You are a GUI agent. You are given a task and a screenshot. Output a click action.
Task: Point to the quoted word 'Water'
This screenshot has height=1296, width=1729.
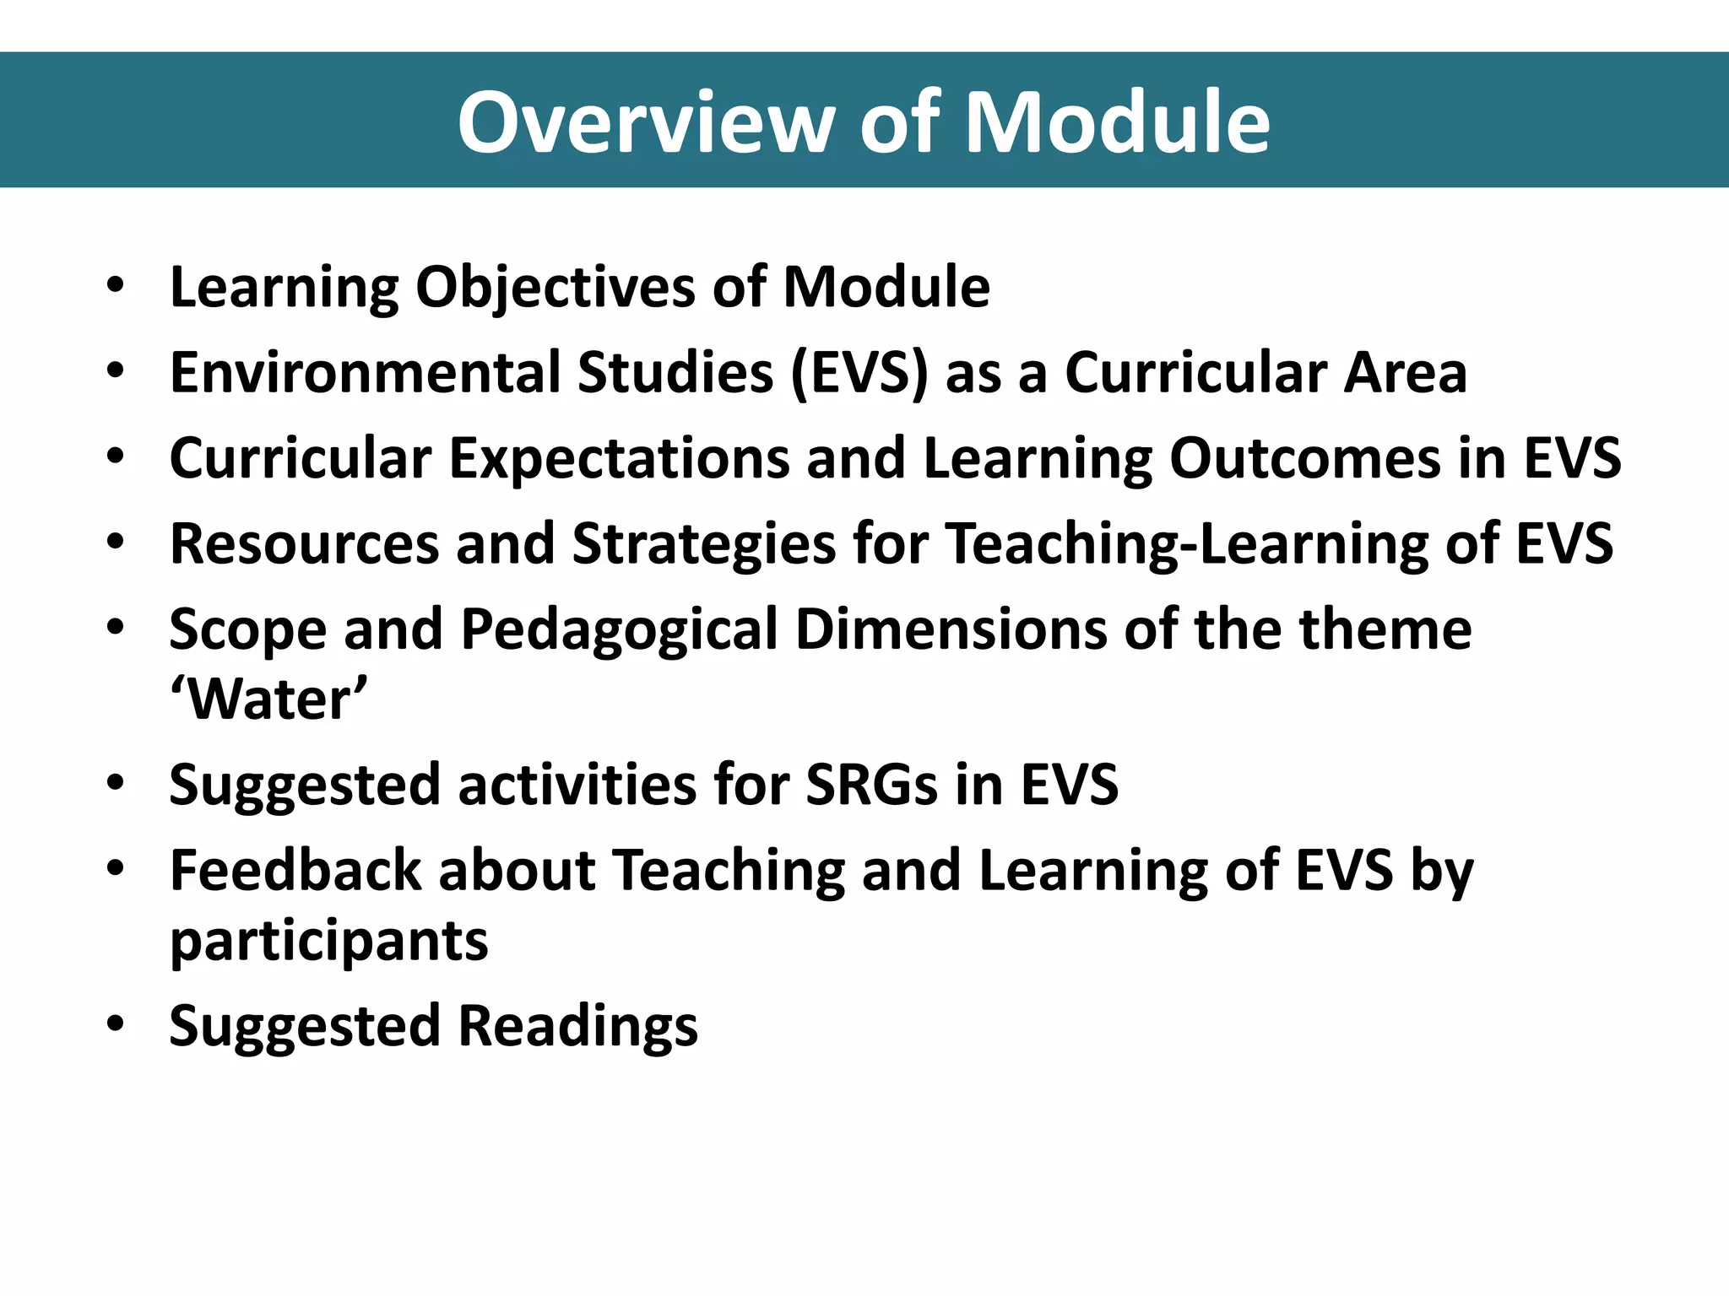click(x=269, y=700)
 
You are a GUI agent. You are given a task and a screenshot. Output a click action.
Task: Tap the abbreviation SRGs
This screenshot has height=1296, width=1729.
click(x=871, y=786)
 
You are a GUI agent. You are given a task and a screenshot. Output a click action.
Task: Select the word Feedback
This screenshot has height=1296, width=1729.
click(x=295, y=872)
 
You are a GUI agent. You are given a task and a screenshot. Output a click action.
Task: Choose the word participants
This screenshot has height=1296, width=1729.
click(x=329, y=942)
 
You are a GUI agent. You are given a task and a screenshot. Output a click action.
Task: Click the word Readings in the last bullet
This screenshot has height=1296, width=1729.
click(x=578, y=1027)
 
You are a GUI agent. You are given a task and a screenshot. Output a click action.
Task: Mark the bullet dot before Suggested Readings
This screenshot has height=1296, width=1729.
click(x=116, y=1024)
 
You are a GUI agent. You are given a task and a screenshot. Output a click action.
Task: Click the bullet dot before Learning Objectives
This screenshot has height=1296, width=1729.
click(x=116, y=285)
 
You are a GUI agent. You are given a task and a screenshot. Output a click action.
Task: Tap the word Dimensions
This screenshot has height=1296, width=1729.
click(x=951, y=630)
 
